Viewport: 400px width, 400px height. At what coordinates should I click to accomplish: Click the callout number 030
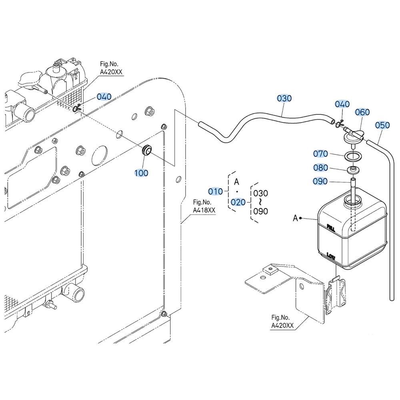[x=284, y=98]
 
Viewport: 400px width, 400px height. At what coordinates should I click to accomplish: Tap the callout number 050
[x=382, y=125]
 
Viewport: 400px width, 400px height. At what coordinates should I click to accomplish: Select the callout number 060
[x=362, y=112]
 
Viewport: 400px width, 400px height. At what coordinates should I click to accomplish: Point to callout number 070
[x=320, y=154]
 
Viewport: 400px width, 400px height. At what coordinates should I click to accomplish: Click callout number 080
[x=320, y=168]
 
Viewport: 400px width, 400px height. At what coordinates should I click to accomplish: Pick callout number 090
[x=320, y=181]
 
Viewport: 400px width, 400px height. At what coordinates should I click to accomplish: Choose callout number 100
[x=141, y=173]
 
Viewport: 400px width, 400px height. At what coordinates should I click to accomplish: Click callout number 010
[x=215, y=191]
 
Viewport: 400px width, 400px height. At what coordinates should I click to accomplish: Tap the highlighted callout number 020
[x=238, y=202]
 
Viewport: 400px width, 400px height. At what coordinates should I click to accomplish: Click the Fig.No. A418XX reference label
[x=204, y=206]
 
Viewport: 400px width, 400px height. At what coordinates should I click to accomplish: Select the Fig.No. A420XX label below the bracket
[x=282, y=322]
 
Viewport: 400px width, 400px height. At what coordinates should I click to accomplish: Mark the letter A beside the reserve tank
[x=296, y=218]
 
